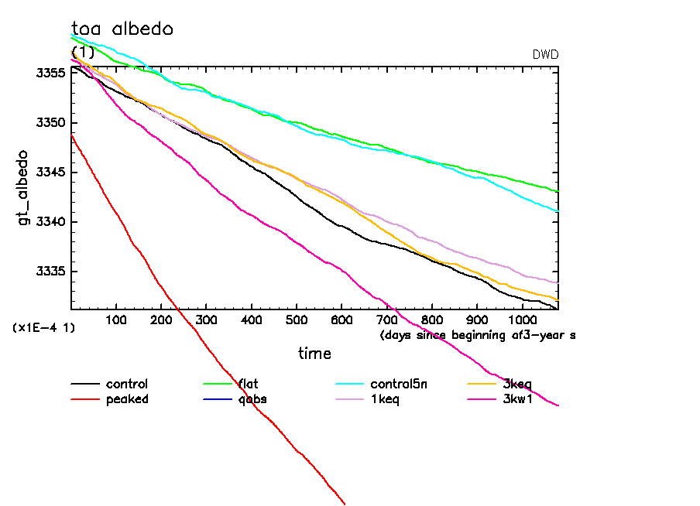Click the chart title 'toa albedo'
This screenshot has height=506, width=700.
click(x=122, y=29)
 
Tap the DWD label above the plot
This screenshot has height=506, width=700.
click(x=545, y=55)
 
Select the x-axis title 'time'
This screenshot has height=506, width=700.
click(x=314, y=354)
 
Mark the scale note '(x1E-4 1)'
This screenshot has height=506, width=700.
click(x=43, y=328)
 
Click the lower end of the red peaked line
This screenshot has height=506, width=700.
click(x=344, y=504)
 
